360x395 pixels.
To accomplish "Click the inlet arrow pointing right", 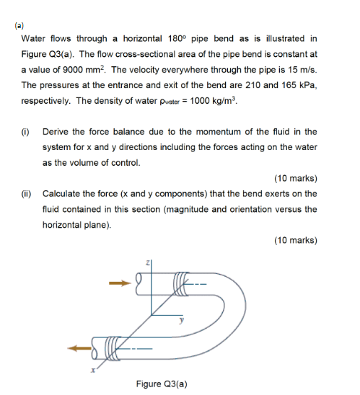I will pos(118,283).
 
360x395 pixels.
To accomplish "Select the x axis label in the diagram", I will pos(92,371).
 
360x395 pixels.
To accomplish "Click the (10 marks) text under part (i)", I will pos(295,178).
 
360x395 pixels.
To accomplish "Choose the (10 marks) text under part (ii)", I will pos(295,240).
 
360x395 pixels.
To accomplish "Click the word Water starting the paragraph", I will pos(34,38).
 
